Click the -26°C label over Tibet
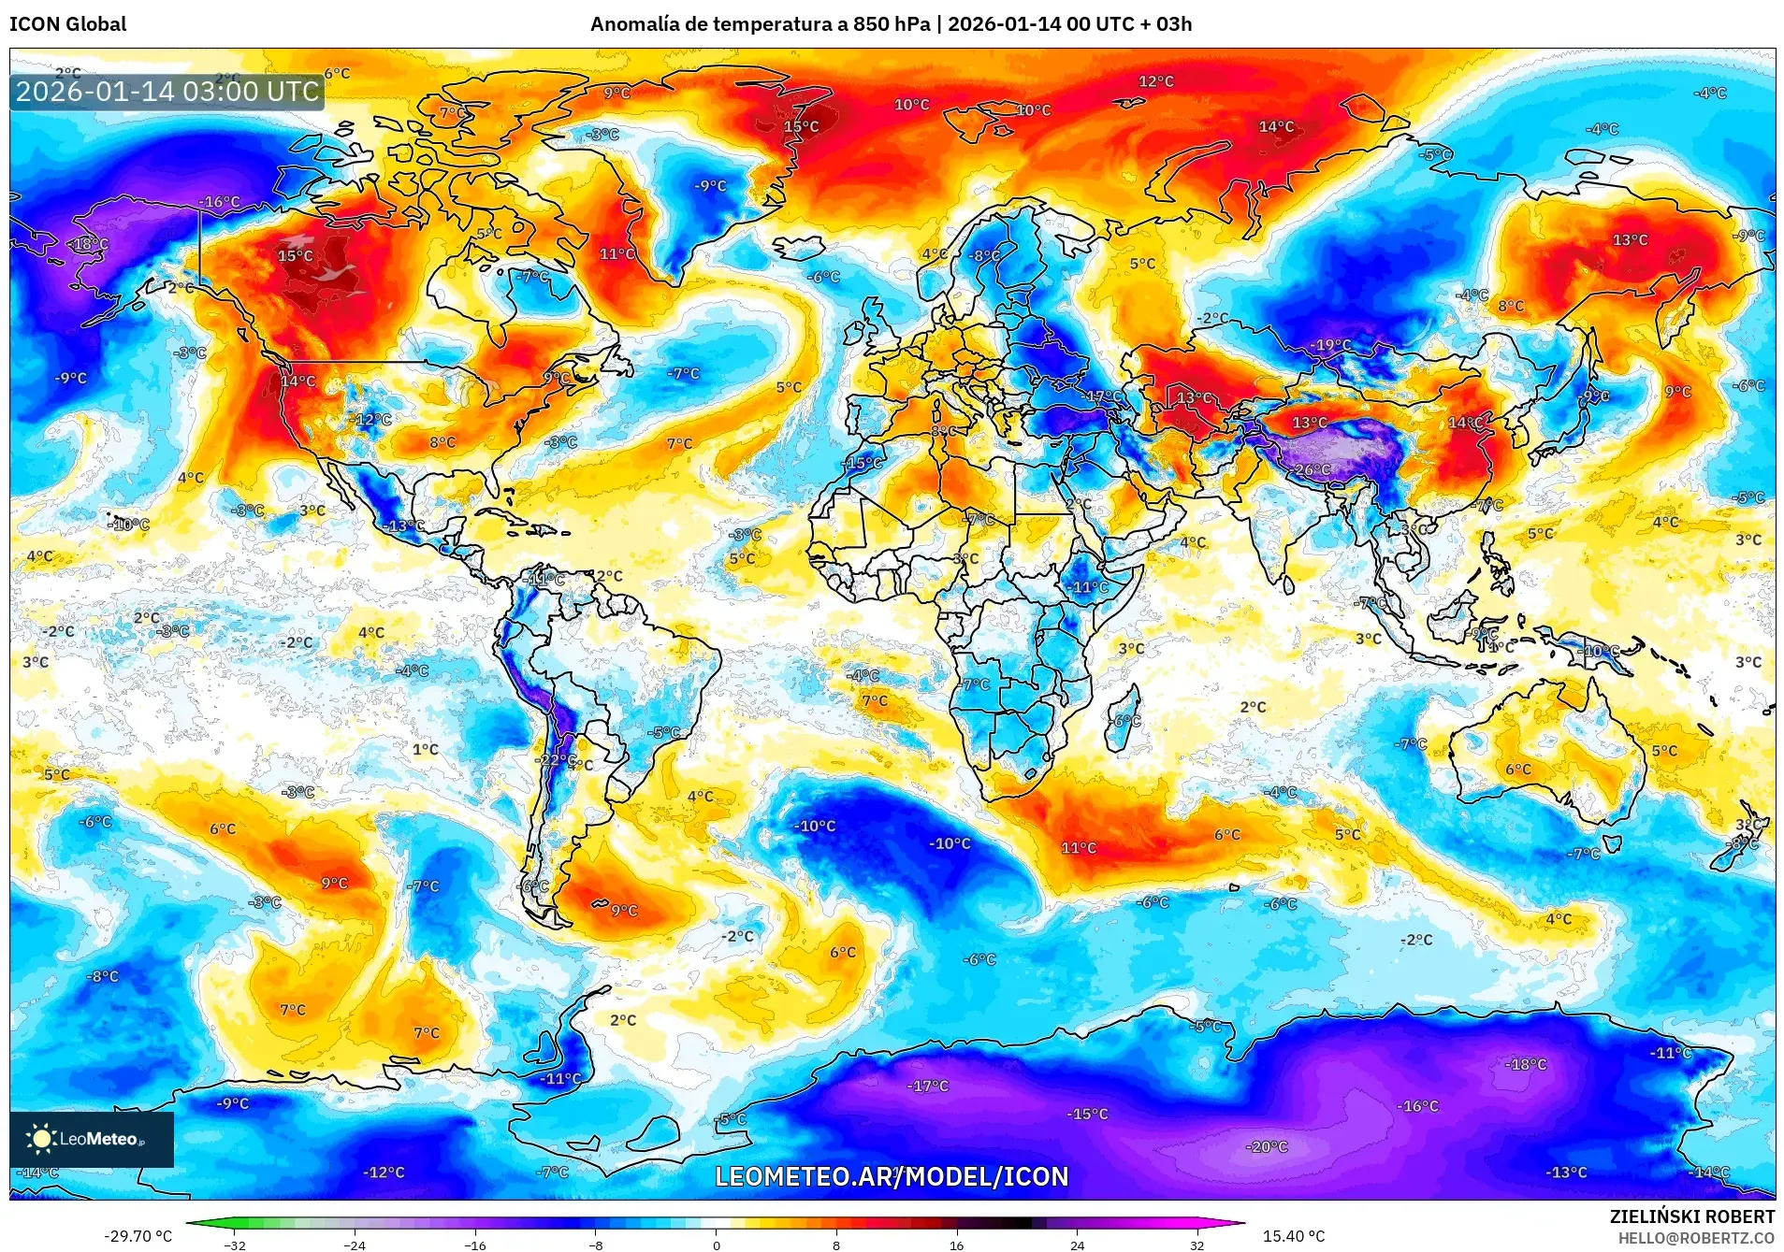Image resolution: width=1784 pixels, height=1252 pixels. tap(1312, 469)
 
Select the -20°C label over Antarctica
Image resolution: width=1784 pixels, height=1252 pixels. tap(1268, 1146)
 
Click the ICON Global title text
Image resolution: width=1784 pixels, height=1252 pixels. tap(67, 24)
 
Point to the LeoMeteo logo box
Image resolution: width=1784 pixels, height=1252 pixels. tap(92, 1139)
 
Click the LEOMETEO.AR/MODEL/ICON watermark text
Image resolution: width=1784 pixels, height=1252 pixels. tap(892, 1176)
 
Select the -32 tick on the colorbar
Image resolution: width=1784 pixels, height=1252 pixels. tap(235, 1245)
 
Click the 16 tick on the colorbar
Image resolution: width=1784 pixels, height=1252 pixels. tap(956, 1245)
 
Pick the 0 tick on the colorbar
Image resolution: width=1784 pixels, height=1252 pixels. tap(717, 1245)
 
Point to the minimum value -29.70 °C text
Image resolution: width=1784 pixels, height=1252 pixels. tap(138, 1236)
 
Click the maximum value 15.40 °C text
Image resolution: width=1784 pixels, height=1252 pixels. tap(1294, 1236)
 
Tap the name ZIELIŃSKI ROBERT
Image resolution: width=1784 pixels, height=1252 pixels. tap(1691, 1216)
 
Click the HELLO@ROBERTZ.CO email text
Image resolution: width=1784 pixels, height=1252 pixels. tap(1696, 1238)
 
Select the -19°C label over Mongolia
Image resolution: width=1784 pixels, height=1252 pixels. tap(1330, 345)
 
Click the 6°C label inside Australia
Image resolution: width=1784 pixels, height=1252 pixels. tap(1518, 770)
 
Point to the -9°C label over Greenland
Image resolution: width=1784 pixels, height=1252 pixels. tap(710, 186)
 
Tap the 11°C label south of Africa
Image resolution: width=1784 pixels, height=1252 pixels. tap(1078, 848)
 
